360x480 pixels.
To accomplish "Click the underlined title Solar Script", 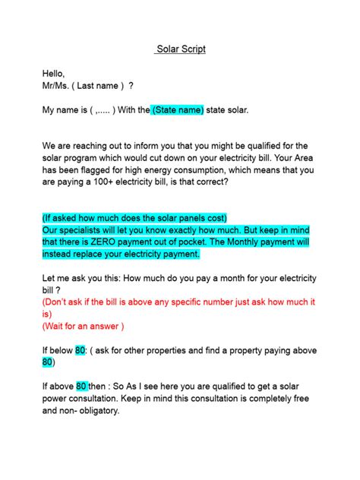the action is coord(180,49).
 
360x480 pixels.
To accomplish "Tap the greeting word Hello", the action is coord(54,74).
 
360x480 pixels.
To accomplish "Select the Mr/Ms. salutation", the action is coord(58,86).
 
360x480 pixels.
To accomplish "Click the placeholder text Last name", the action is coord(98,86).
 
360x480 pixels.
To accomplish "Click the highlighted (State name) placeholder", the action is coord(178,110).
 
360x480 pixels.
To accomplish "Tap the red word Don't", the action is coord(58,302).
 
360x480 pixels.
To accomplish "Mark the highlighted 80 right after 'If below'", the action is coord(81,350).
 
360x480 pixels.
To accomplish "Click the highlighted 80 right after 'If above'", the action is coord(82,387).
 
